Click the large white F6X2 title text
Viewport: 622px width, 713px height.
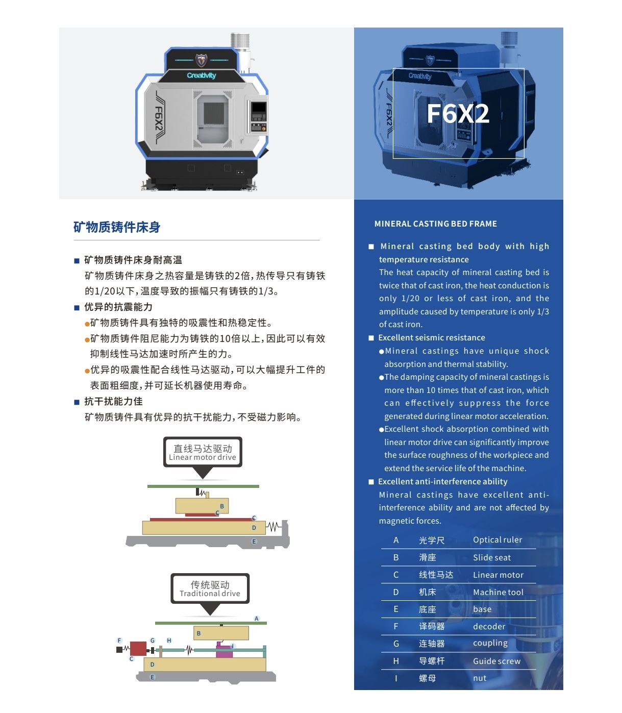[x=458, y=114]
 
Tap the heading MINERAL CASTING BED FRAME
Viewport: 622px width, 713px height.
[x=435, y=224]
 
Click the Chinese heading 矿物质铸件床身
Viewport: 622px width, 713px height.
[x=117, y=227]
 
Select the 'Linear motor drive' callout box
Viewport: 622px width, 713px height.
[x=203, y=452]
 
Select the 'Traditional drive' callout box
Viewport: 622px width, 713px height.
[x=210, y=588]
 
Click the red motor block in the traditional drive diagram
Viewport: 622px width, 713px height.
[x=138, y=649]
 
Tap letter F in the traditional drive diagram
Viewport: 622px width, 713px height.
[x=119, y=641]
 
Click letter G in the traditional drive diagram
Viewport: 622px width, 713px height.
[x=153, y=641]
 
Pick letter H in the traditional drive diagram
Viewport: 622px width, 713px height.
[x=169, y=641]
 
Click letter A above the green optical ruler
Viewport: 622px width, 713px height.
[x=256, y=619]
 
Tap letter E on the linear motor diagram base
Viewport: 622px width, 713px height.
[x=254, y=541]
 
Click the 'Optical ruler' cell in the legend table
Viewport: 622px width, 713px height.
[x=497, y=540]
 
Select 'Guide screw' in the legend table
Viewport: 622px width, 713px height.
[x=496, y=661]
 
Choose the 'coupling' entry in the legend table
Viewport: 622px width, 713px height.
[x=490, y=643]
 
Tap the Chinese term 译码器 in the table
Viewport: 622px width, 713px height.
[x=432, y=626]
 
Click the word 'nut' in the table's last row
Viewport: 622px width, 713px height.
[x=480, y=678]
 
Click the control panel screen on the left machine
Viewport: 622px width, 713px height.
[x=259, y=107]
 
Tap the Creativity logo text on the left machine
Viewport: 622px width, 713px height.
[x=202, y=75]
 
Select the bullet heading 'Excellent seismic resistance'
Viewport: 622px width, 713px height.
[x=432, y=337]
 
